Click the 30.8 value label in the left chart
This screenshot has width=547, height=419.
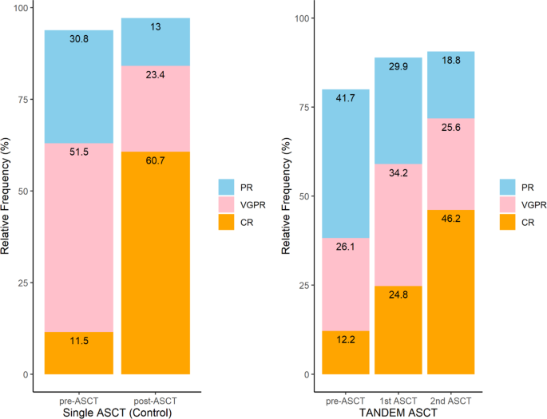point(78,38)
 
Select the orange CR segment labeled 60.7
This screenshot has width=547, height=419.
point(155,263)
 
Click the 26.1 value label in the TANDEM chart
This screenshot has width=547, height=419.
point(345,247)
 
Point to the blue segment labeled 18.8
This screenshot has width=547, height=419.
point(451,85)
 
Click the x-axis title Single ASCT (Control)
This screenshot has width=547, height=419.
point(117,412)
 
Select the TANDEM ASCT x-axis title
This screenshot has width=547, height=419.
point(398,412)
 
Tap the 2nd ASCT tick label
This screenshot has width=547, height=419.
point(451,399)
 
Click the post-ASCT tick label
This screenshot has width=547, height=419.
point(155,399)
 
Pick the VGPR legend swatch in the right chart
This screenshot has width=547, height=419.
point(509,204)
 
